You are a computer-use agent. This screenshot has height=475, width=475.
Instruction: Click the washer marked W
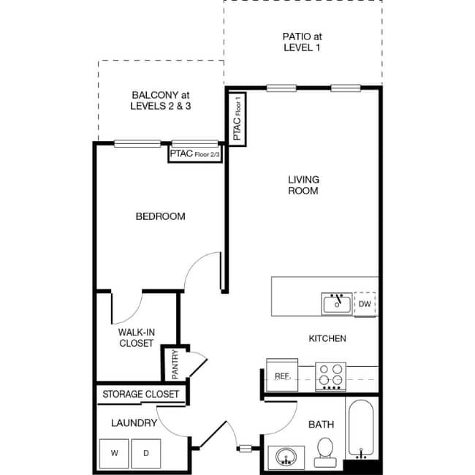115,453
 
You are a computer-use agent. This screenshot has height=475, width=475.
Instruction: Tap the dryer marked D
146,453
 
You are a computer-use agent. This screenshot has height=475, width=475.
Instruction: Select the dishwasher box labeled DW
365,304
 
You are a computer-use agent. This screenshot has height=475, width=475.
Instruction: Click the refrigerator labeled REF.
283,376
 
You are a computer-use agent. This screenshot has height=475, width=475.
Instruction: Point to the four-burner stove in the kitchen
330,375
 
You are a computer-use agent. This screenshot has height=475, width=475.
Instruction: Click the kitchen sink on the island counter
336,304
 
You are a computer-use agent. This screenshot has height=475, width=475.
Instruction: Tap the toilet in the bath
325,452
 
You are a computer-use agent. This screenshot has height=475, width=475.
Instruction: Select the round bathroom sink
285,457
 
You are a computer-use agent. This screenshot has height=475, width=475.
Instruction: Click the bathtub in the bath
362,427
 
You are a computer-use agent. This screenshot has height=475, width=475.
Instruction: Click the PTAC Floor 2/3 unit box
195,154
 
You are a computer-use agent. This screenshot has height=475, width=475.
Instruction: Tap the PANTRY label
175,363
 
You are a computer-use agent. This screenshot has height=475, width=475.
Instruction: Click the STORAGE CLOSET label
140,395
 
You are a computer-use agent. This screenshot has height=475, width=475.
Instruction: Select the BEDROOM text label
160,216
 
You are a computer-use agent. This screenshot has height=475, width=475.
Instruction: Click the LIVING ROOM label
303,185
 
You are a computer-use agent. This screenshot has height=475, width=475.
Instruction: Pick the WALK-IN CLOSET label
136,338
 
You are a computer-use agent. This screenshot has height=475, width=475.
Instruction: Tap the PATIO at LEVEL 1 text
302,42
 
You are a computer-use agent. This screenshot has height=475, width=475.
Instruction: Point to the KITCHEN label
327,338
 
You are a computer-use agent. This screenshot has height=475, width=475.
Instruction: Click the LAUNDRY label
134,423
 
